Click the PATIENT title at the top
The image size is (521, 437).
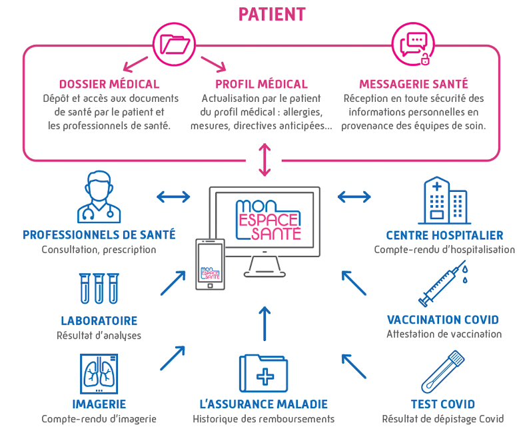click(272, 14)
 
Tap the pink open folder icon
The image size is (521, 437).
click(175, 44)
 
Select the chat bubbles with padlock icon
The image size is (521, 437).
click(414, 48)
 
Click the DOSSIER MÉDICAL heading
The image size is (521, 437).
click(109, 85)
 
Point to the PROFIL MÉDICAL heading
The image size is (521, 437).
click(261, 85)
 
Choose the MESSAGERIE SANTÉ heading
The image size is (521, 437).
click(414, 85)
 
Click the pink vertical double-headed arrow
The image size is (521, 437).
click(264, 159)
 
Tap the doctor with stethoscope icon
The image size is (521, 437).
click(99, 197)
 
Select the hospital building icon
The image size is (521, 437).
click(444, 201)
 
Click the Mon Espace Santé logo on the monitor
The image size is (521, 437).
click(268, 220)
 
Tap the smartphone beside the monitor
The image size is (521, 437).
click(210, 264)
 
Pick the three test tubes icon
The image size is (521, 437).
click(99, 288)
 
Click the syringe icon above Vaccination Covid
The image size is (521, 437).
click(443, 284)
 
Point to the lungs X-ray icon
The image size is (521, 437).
click(99, 374)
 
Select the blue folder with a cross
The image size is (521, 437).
click(263, 374)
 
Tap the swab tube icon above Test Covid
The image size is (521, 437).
click(442, 372)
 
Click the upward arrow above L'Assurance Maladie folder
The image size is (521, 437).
click(264, 324)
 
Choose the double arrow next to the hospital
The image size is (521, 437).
click(354, 197)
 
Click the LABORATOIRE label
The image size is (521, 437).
click(99, 321)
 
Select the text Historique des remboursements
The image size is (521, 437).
click(263, 419)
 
